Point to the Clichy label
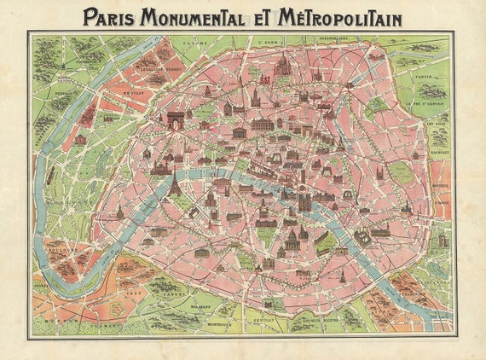pos(199,38)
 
